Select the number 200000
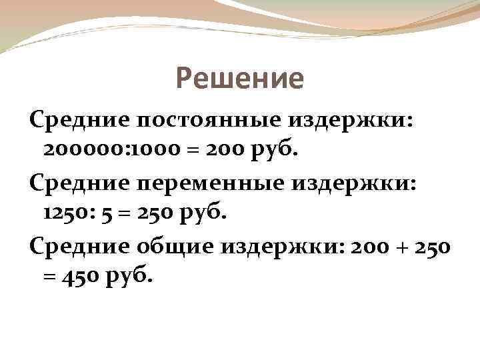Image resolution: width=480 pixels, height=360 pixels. (x=78, y=151)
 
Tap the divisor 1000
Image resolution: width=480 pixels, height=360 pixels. (x=134, y=151)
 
